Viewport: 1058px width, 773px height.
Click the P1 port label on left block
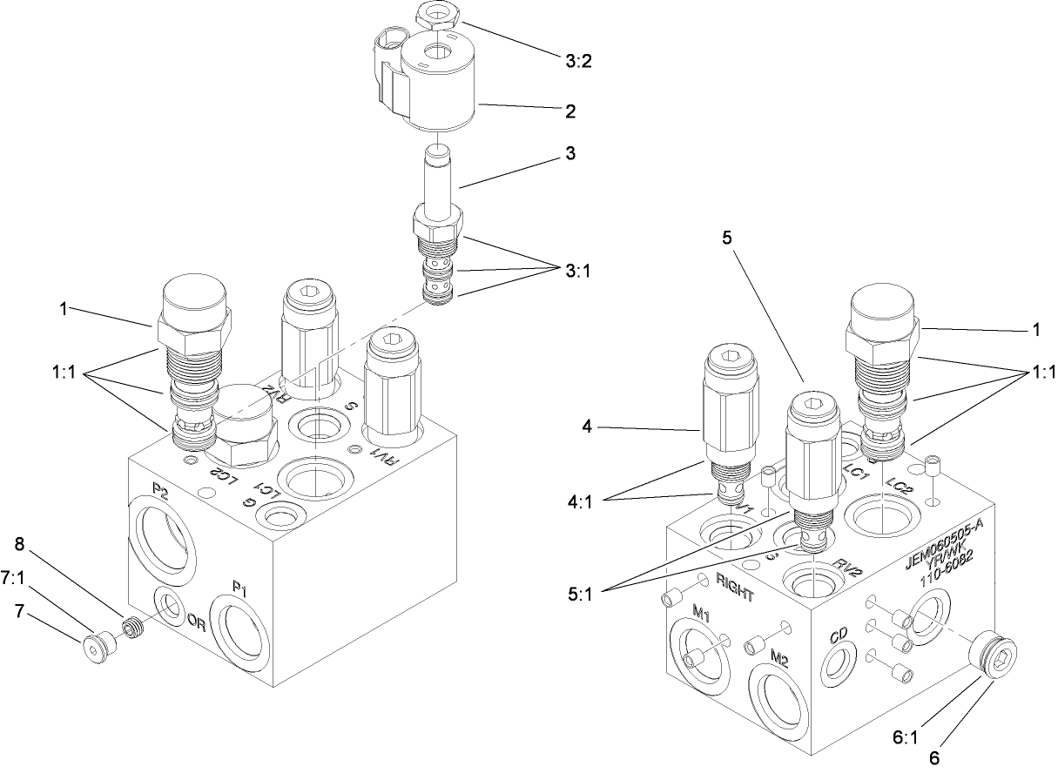pyautogui.click(x=239, y=590)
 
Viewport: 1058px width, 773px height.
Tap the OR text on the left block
pyautogui.click(x=196, y=622)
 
